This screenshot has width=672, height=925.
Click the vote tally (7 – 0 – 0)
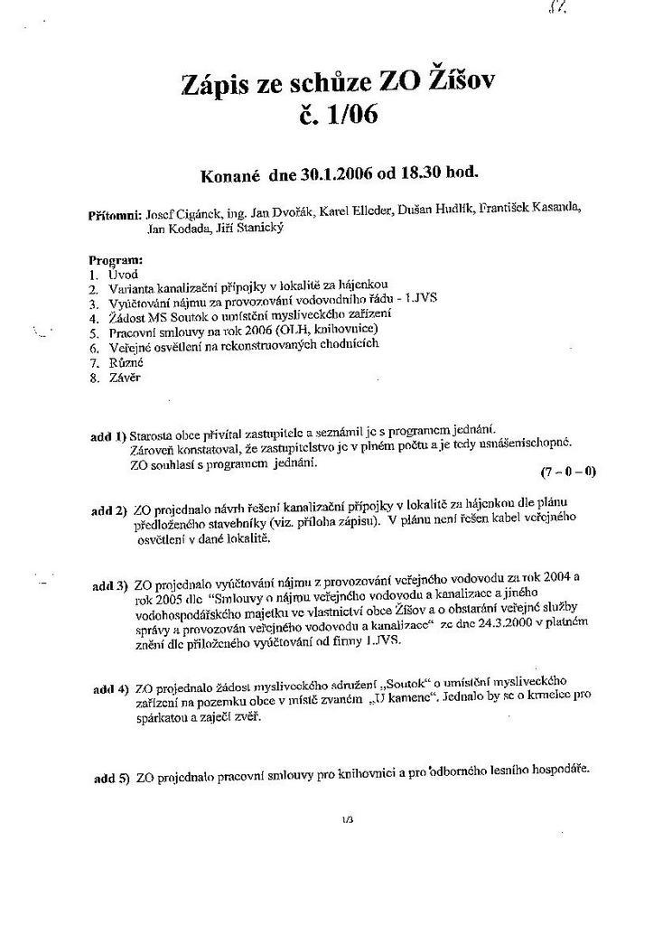(x=568, y=472)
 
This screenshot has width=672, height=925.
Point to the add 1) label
(x=108, y=436)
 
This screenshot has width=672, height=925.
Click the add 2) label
(x=108, y=509)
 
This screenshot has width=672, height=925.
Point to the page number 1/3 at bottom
(x=348, y=820)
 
